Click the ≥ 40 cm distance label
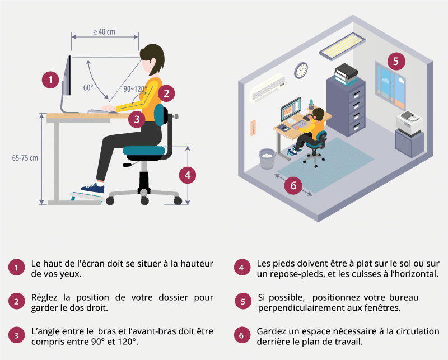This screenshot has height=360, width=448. click(104, 32)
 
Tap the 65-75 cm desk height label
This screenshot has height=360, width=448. click(25, 158)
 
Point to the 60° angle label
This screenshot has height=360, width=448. click(88, 87)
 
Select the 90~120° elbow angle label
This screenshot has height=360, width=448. click(135, 89)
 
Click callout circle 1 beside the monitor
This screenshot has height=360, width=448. click(50, 80)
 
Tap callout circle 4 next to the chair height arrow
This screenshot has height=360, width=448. click(188, 175)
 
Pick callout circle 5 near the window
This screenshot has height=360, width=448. click(396, 61)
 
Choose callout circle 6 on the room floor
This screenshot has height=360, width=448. click(293, 186)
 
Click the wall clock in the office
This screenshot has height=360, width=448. click(301, 71)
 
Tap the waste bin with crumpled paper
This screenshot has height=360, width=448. click(267, 158)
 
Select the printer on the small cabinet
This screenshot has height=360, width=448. click(409, 123)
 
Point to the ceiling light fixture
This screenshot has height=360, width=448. click(342, 46)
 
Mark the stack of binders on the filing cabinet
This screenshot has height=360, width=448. click(346, 74)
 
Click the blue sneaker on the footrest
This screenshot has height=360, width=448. click(92, 188)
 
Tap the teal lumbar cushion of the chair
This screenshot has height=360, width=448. click(159, 115)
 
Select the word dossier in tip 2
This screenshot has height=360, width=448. click(173, 297)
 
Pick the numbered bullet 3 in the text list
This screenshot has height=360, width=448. click(16, 335)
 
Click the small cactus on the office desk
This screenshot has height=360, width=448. click(311, 104)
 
